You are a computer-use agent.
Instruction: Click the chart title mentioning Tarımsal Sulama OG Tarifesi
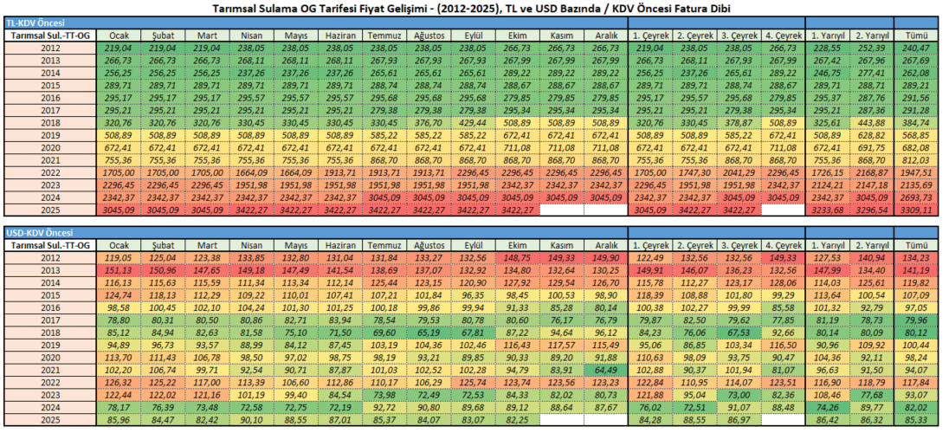(474, 8)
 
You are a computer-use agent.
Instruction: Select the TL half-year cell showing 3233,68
(829, 210)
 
